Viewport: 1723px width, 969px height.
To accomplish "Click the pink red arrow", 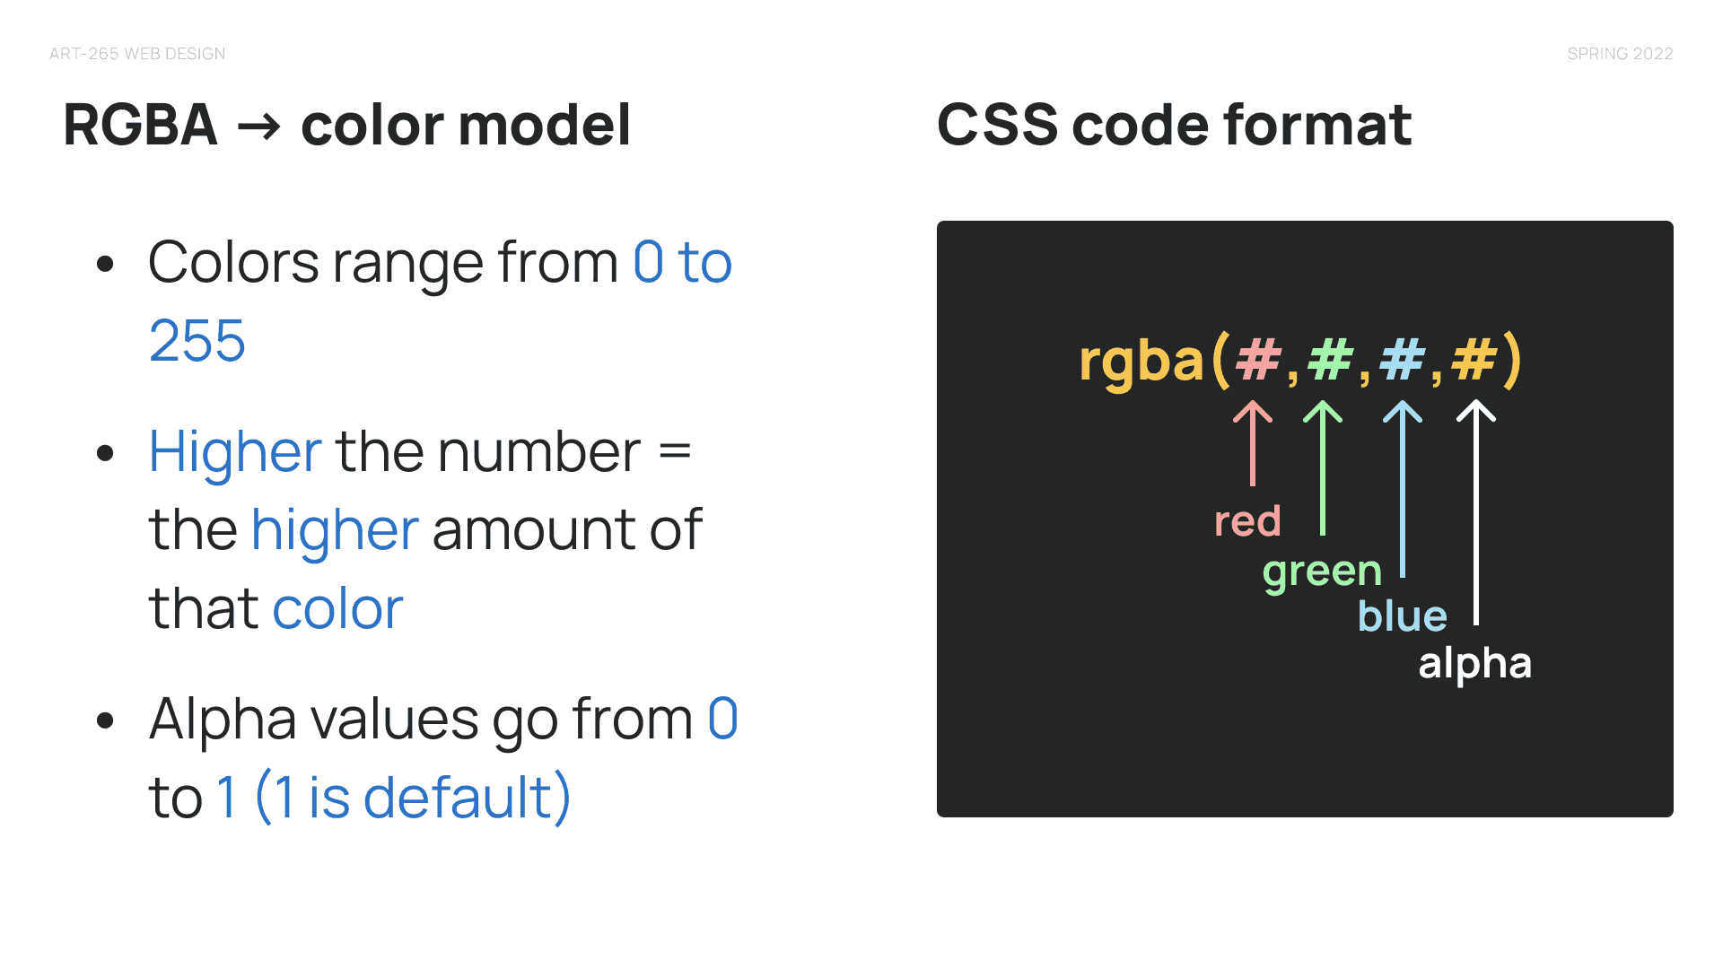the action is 1253,443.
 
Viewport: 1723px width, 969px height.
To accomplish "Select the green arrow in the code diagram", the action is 1323,467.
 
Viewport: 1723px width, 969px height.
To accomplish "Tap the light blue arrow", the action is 1403,489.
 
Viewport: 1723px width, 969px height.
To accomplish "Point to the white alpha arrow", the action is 1476,512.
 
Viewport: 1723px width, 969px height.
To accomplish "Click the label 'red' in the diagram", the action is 1247,521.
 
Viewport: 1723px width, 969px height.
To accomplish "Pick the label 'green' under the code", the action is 1322,572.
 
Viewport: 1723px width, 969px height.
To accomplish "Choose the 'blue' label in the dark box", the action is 1403,615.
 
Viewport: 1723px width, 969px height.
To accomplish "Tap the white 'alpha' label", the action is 1474,664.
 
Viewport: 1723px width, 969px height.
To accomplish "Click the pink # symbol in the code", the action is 1258,360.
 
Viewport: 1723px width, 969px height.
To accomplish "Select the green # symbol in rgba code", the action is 1330,360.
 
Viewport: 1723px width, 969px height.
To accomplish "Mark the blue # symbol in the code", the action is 1402,360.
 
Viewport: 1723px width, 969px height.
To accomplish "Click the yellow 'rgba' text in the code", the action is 1141,362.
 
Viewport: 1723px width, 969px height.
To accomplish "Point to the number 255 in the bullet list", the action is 197,341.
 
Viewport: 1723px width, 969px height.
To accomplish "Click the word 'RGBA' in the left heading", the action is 141,125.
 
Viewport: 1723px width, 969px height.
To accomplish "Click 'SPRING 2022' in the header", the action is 1620,54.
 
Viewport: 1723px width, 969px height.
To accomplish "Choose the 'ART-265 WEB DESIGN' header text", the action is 137,54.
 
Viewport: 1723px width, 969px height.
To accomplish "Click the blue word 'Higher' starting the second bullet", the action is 235,452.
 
